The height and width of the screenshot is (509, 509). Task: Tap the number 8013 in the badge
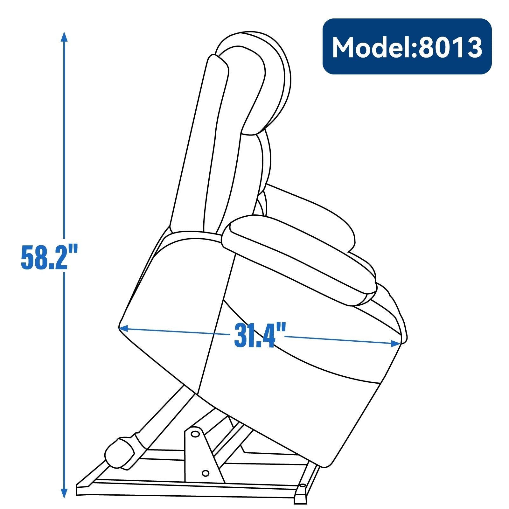[x=450, y=47]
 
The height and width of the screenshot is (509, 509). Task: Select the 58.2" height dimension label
[x=49, y=257]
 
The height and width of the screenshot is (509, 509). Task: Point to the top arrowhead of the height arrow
[x=64, y=37]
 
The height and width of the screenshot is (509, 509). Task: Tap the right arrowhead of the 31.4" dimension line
[x=396, y=343]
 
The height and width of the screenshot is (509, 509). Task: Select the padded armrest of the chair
[x=299, y=259]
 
